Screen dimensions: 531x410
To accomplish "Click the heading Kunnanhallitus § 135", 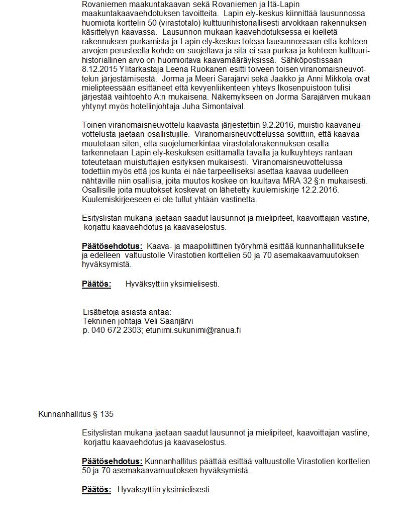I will point(76,414).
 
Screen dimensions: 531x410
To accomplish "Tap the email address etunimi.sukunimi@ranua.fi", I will point(193,330).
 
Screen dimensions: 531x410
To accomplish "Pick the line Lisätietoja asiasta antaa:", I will point(127,312).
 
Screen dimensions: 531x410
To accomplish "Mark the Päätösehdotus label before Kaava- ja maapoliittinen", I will point(112,246).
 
